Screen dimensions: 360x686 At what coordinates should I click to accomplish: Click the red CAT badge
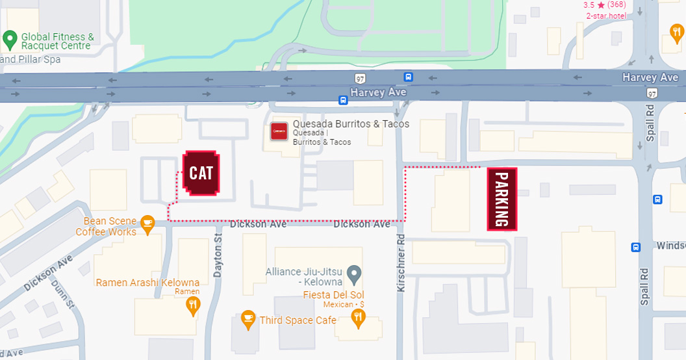201,173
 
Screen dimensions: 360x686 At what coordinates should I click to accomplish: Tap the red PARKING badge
502,199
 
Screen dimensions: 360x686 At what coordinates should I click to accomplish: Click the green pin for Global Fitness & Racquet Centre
10,40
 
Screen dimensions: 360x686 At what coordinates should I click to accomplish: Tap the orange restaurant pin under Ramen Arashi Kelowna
192,306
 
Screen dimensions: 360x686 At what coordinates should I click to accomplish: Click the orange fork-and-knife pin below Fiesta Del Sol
357,318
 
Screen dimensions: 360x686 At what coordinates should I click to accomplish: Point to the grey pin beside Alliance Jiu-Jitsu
354,275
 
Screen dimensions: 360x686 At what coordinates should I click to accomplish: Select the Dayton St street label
218,257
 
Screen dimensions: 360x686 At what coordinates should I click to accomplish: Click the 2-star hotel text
611,16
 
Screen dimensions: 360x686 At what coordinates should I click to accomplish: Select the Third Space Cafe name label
298,320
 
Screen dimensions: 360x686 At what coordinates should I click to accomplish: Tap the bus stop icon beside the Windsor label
635,247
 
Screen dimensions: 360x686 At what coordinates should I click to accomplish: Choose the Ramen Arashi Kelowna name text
147,283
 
